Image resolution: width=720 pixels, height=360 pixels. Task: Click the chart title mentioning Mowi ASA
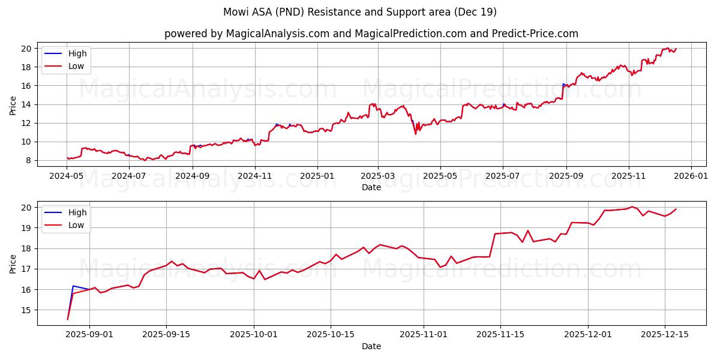point(360,12)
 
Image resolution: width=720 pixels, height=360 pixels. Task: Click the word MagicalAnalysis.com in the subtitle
point(277,34)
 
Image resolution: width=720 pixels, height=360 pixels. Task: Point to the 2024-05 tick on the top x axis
point(67,176)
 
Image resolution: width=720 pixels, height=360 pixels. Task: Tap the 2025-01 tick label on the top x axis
point(317,176)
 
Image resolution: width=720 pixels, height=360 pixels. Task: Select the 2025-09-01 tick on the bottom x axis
point(89,335)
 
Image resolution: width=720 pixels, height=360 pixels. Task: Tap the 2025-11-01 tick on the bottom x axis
point(424,335)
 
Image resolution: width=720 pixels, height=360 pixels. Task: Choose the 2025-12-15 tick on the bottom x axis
point(664,335)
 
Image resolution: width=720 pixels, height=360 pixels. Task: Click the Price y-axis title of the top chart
point(13,106)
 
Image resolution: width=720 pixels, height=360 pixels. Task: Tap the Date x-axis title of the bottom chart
point(371,346)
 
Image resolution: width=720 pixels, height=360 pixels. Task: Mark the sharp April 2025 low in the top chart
point(415,134)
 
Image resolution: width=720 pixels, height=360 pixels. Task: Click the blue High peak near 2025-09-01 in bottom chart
point(73,286)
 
